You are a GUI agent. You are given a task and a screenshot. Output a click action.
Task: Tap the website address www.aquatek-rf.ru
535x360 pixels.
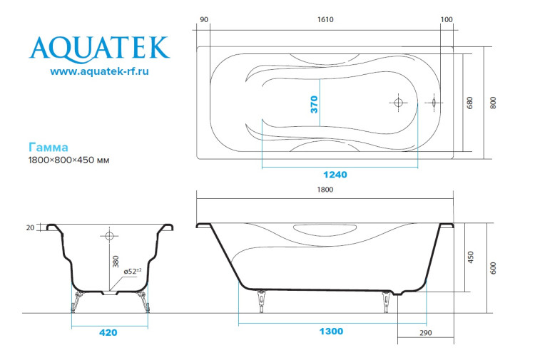click(x=99, y=71)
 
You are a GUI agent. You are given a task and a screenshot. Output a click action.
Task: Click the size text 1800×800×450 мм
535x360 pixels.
click(x=68, y=160)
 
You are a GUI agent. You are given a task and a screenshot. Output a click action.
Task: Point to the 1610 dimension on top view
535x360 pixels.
click(x=326, y=19)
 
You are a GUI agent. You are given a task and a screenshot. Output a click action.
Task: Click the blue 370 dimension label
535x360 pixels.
click(x=314, y=104)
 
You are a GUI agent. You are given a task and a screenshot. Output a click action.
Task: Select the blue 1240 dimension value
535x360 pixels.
click(x=334, y=175)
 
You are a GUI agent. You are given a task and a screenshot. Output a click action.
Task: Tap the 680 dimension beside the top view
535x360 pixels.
click(x=469, y=103)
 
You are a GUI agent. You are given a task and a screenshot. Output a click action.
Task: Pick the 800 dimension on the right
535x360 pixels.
click(x=493, y=103)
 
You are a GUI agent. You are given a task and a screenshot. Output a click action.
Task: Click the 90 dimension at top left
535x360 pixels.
click(x=204, y=19)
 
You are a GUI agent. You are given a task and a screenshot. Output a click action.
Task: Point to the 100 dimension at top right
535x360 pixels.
click(x=447, y=19)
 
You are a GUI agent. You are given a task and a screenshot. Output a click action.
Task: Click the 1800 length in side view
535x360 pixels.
click(x=325, y=190)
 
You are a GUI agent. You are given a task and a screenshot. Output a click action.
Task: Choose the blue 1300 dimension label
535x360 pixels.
click(x=332, y=331)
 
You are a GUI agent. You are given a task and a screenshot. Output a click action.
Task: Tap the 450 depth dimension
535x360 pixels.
click(x=469, y=257)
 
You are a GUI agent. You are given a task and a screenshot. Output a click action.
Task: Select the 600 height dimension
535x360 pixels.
click(x=493, y=267)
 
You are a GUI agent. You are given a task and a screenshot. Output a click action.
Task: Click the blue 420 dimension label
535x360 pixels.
click(x=108, y=332)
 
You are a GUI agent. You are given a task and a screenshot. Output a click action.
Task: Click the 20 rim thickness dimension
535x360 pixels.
click(x=30, y=228)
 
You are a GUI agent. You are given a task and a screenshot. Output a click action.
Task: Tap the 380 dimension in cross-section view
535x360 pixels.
click(x=114, y=261)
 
